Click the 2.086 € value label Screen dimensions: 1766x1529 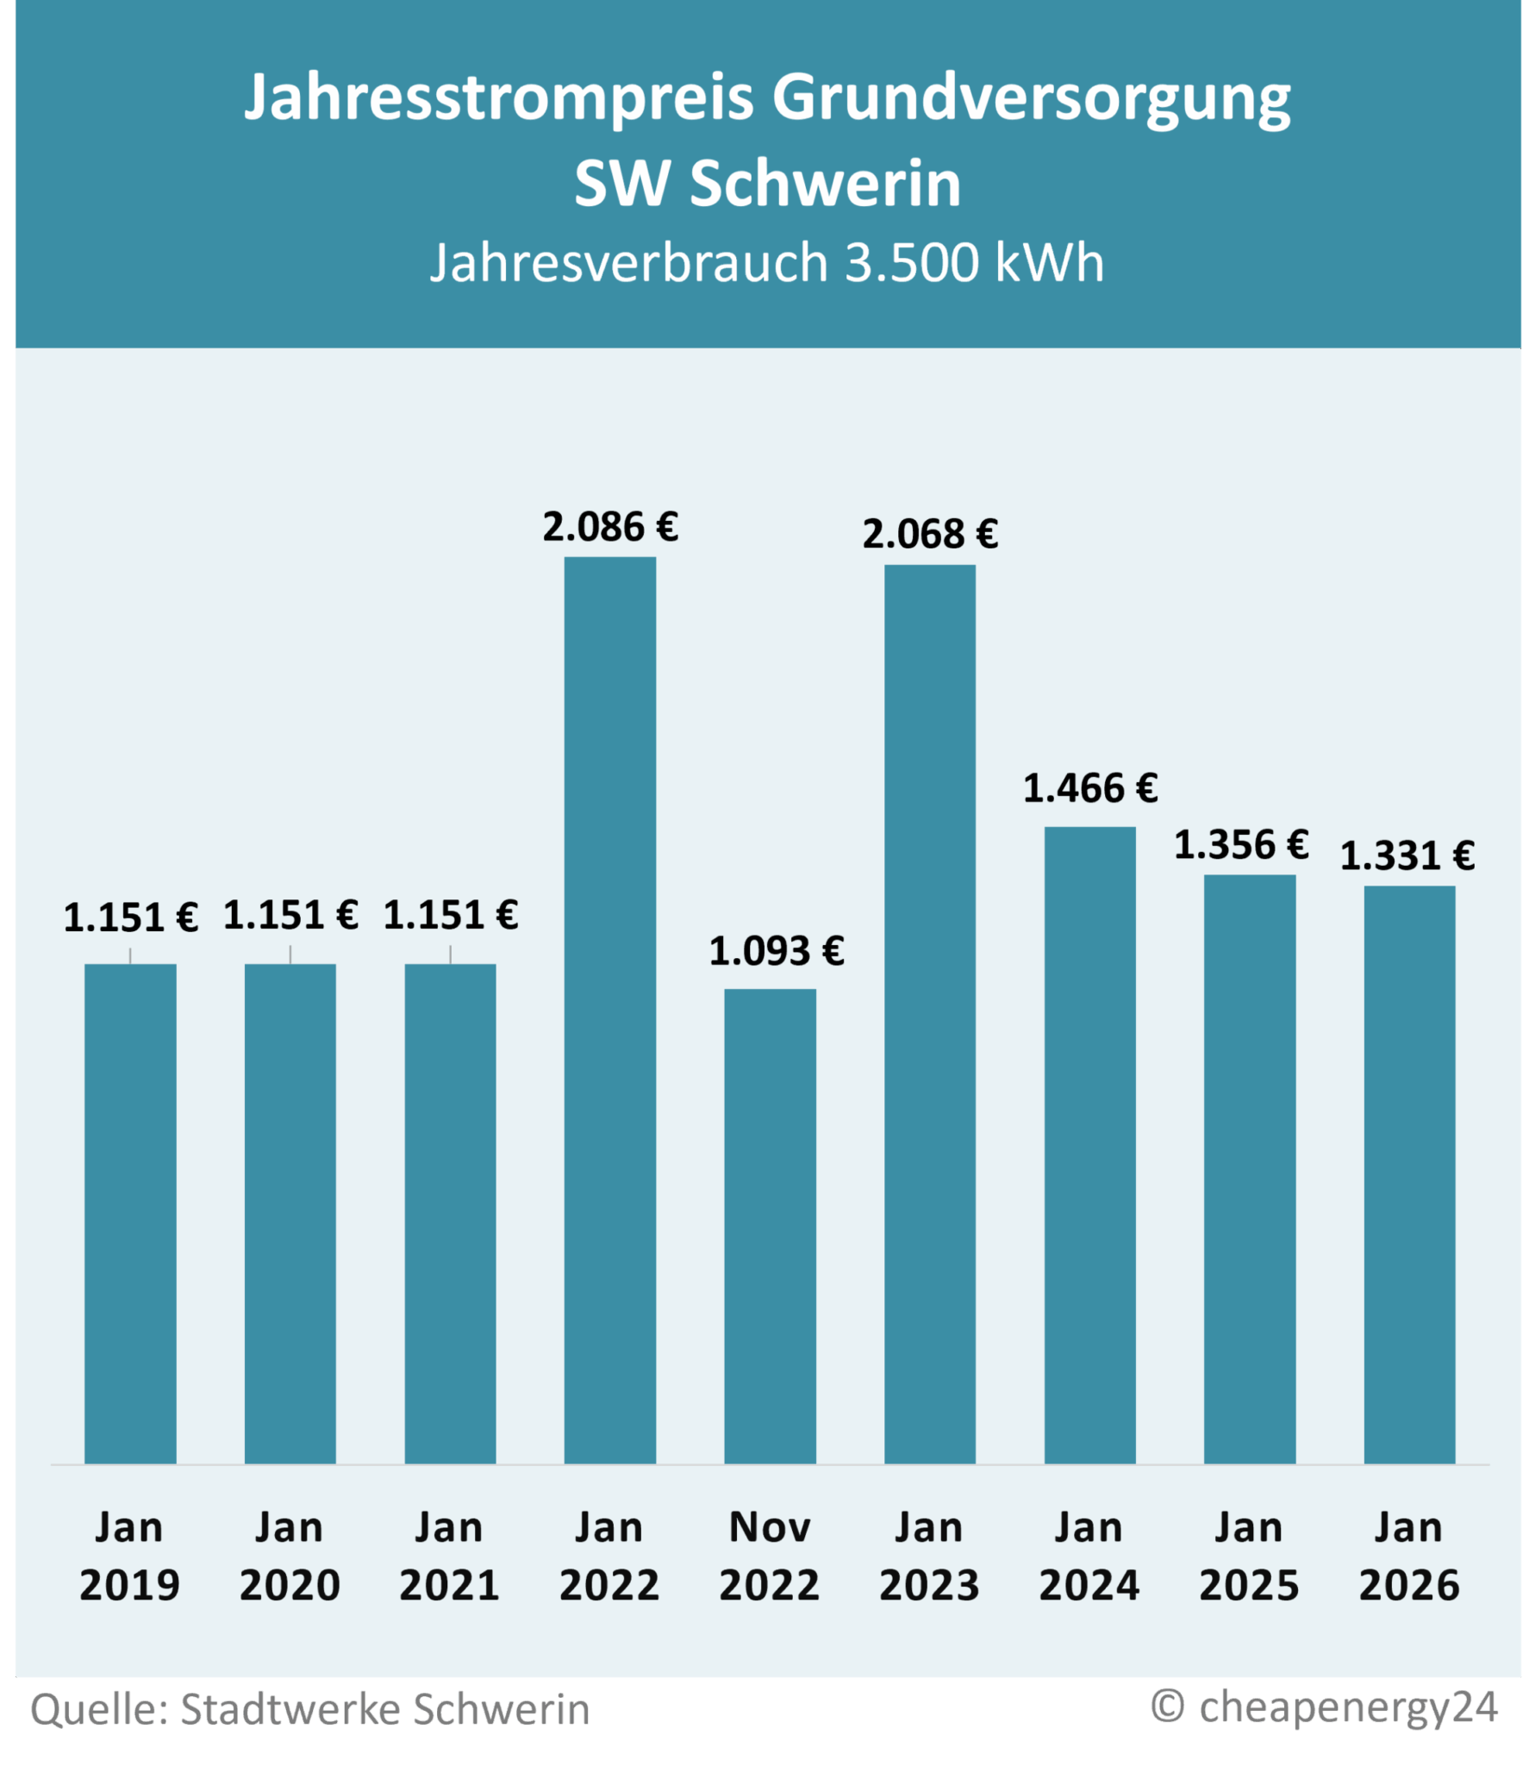pyautogui.click(x=610, y=527)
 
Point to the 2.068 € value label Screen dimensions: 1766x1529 pyautogui.click(x=930, y=535)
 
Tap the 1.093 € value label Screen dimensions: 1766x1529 pyautogui.click(x=776, y=951)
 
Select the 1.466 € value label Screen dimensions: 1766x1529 pyautogui.click(x=1090, y=788)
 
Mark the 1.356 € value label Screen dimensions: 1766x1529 pyautogui.click(x=1241, y=844)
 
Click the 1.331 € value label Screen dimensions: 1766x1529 pyautogui.click(x=1407, y=855)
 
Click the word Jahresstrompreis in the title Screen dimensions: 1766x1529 pyautogui.click(x=499, y=98)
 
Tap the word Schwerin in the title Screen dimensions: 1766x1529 pyautogui.click(x=825, y=184)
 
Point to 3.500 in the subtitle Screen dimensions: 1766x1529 pyautogui.click(x=912, y=262)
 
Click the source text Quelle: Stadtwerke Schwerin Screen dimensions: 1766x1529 pyautogui.click(x=309, y=1709)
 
